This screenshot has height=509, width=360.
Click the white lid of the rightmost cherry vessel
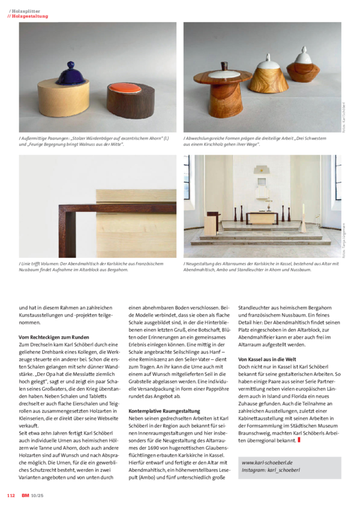click(304, 59)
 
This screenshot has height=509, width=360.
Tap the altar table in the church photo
click(261, 217)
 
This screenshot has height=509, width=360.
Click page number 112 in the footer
click(11, 495)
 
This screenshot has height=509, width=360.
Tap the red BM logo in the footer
click(25, 495)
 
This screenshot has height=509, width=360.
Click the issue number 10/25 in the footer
click(37, 495)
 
